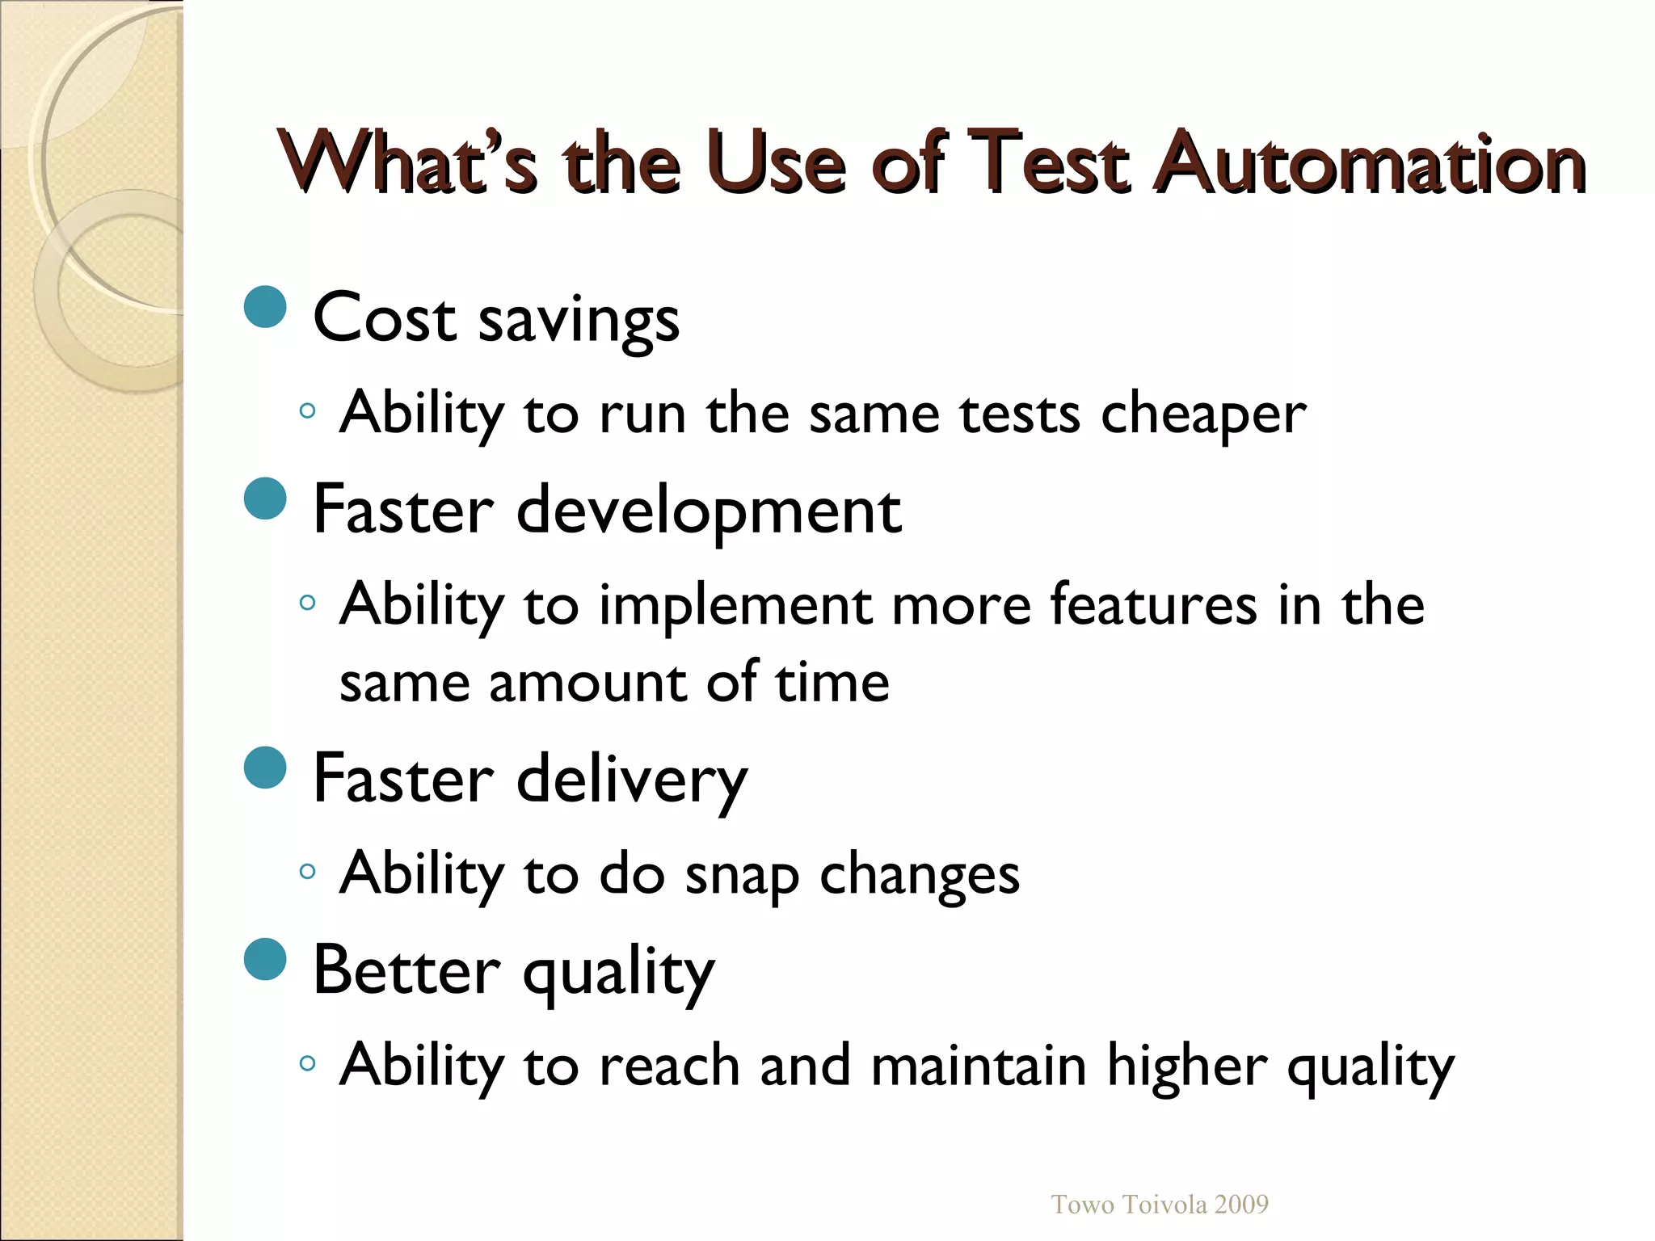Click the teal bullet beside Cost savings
pyautogui.click(x=265, y=307)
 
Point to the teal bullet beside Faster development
pyautogui.click(x=265, y=499)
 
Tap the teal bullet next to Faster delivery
pyautogui.click(x=265, y=768)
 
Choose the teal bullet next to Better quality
pyautogui.click(x=265, y=959)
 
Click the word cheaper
pyautogui.click(x=1203, y=414)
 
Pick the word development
pyautogui.click(x=708, y=511)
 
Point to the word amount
pyautogui.click(x=588, y=683)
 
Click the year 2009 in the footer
pyautogui.click(x=1241, y=1205)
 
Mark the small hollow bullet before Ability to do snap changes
pyautogui.click(x=306, y=871)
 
